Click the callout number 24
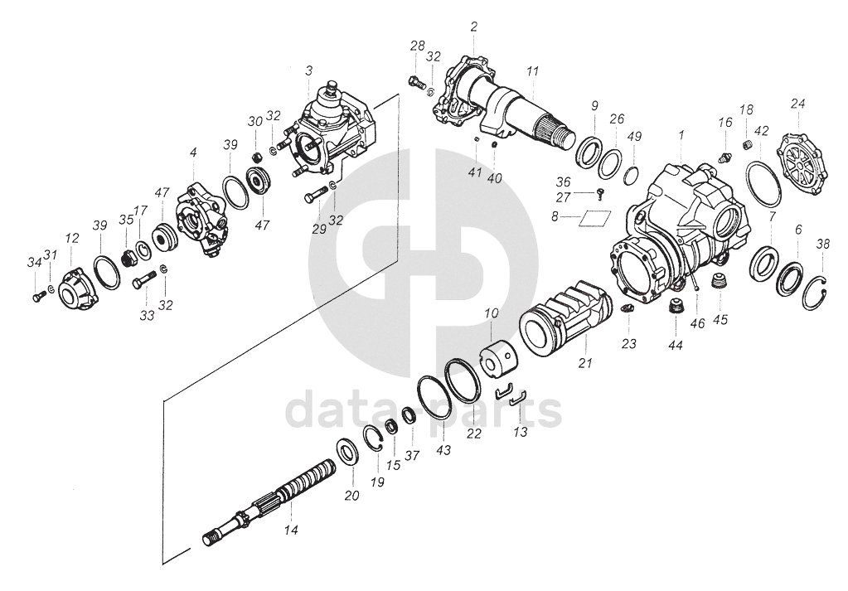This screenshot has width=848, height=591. (x=797, y=104)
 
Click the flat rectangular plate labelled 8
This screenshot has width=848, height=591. (x=594, y=218)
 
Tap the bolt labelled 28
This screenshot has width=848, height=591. (x=416, y=81)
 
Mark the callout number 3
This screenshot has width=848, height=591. (x=308, y=71)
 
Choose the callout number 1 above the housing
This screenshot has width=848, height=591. (x=681, y=133)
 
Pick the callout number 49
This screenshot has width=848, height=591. (x=634, y=136)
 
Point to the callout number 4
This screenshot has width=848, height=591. (x=193, y=153)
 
